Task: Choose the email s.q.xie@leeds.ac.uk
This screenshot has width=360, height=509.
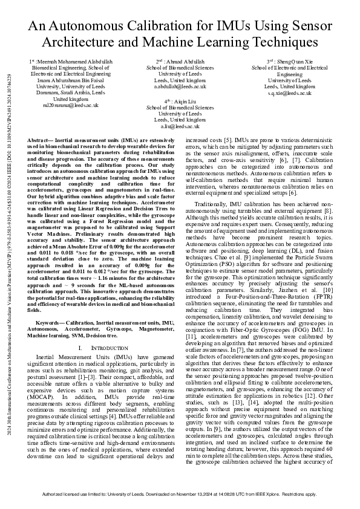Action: (281, 93)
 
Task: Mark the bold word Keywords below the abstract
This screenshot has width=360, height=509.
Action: (42, 325)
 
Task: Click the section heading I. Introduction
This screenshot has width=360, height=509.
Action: (100, 348)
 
